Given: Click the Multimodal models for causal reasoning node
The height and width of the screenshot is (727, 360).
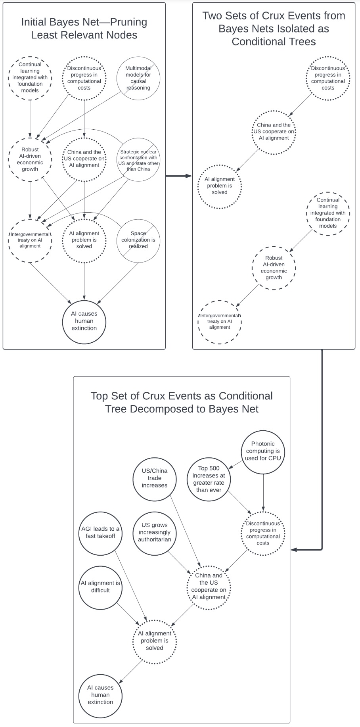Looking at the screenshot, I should (x=138, y=78).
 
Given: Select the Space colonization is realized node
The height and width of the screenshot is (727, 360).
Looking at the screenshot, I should (x=138, y=240).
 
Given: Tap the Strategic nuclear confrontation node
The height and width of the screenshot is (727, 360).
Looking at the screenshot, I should (x=138, y=160).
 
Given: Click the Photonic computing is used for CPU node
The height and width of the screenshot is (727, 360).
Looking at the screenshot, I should (x=263, y=451).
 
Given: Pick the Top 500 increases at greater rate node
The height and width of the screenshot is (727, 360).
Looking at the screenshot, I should (x=209, y=479).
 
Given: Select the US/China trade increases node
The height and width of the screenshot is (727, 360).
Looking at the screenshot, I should (x=154, y=478).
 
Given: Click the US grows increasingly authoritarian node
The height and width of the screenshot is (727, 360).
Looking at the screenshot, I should (x=154, y=532).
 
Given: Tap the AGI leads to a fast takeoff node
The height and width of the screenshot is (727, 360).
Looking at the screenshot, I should (x=100, y=532).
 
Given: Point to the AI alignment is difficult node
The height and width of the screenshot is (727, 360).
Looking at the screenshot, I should (x=100, y=587).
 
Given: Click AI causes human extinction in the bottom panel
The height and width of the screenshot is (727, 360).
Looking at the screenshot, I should (x=100, y=695).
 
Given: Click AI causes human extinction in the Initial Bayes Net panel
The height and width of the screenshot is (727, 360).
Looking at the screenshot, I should (x=84, y=321).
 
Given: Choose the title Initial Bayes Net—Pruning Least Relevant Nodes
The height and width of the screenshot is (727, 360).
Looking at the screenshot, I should (x=84, y=29).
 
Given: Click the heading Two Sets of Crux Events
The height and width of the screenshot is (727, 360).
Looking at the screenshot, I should (x=274, y=29).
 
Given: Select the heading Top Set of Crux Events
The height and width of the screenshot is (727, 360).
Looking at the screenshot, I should (x=182, y=402).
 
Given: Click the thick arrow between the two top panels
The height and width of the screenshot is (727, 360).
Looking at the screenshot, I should (x=178, y=176).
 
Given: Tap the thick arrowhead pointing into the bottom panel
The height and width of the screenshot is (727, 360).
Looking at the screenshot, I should (x=294, y=550).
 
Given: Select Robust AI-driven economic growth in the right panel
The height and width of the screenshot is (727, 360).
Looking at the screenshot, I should (x=274, y=268).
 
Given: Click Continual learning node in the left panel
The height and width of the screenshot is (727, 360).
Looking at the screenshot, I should (x=30, y=78).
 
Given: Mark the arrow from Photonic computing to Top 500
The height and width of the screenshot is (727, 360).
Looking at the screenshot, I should (x=236, y=464).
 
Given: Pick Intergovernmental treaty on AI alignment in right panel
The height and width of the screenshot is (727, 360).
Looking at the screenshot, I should (x=219, y=322).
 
